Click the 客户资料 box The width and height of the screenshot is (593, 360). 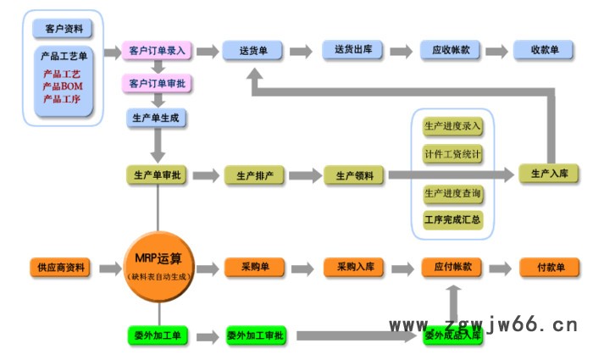tap(63, 29)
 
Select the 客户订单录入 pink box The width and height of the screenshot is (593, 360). tap(158, 51)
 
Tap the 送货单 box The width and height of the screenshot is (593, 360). tap(252, 51)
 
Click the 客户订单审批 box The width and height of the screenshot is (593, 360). tap(158, 84)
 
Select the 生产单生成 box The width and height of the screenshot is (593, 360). tap(157, 118)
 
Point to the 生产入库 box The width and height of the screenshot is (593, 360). tap(548, 173)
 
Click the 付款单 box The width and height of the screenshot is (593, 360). tap(551, 268)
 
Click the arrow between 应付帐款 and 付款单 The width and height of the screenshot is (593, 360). tap(502, 268)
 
